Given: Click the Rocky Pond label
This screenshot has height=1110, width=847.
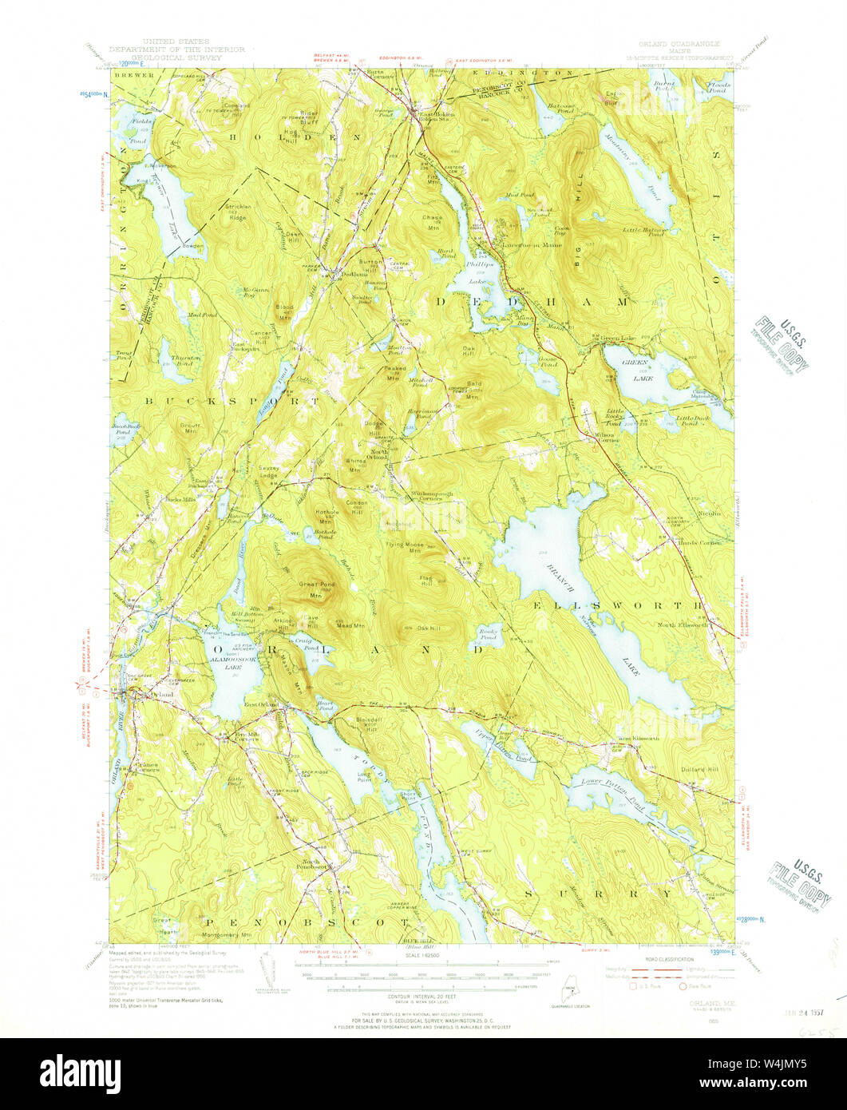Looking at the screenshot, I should click(488, 636).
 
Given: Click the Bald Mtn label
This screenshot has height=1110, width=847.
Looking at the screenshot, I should click(474, 387).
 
